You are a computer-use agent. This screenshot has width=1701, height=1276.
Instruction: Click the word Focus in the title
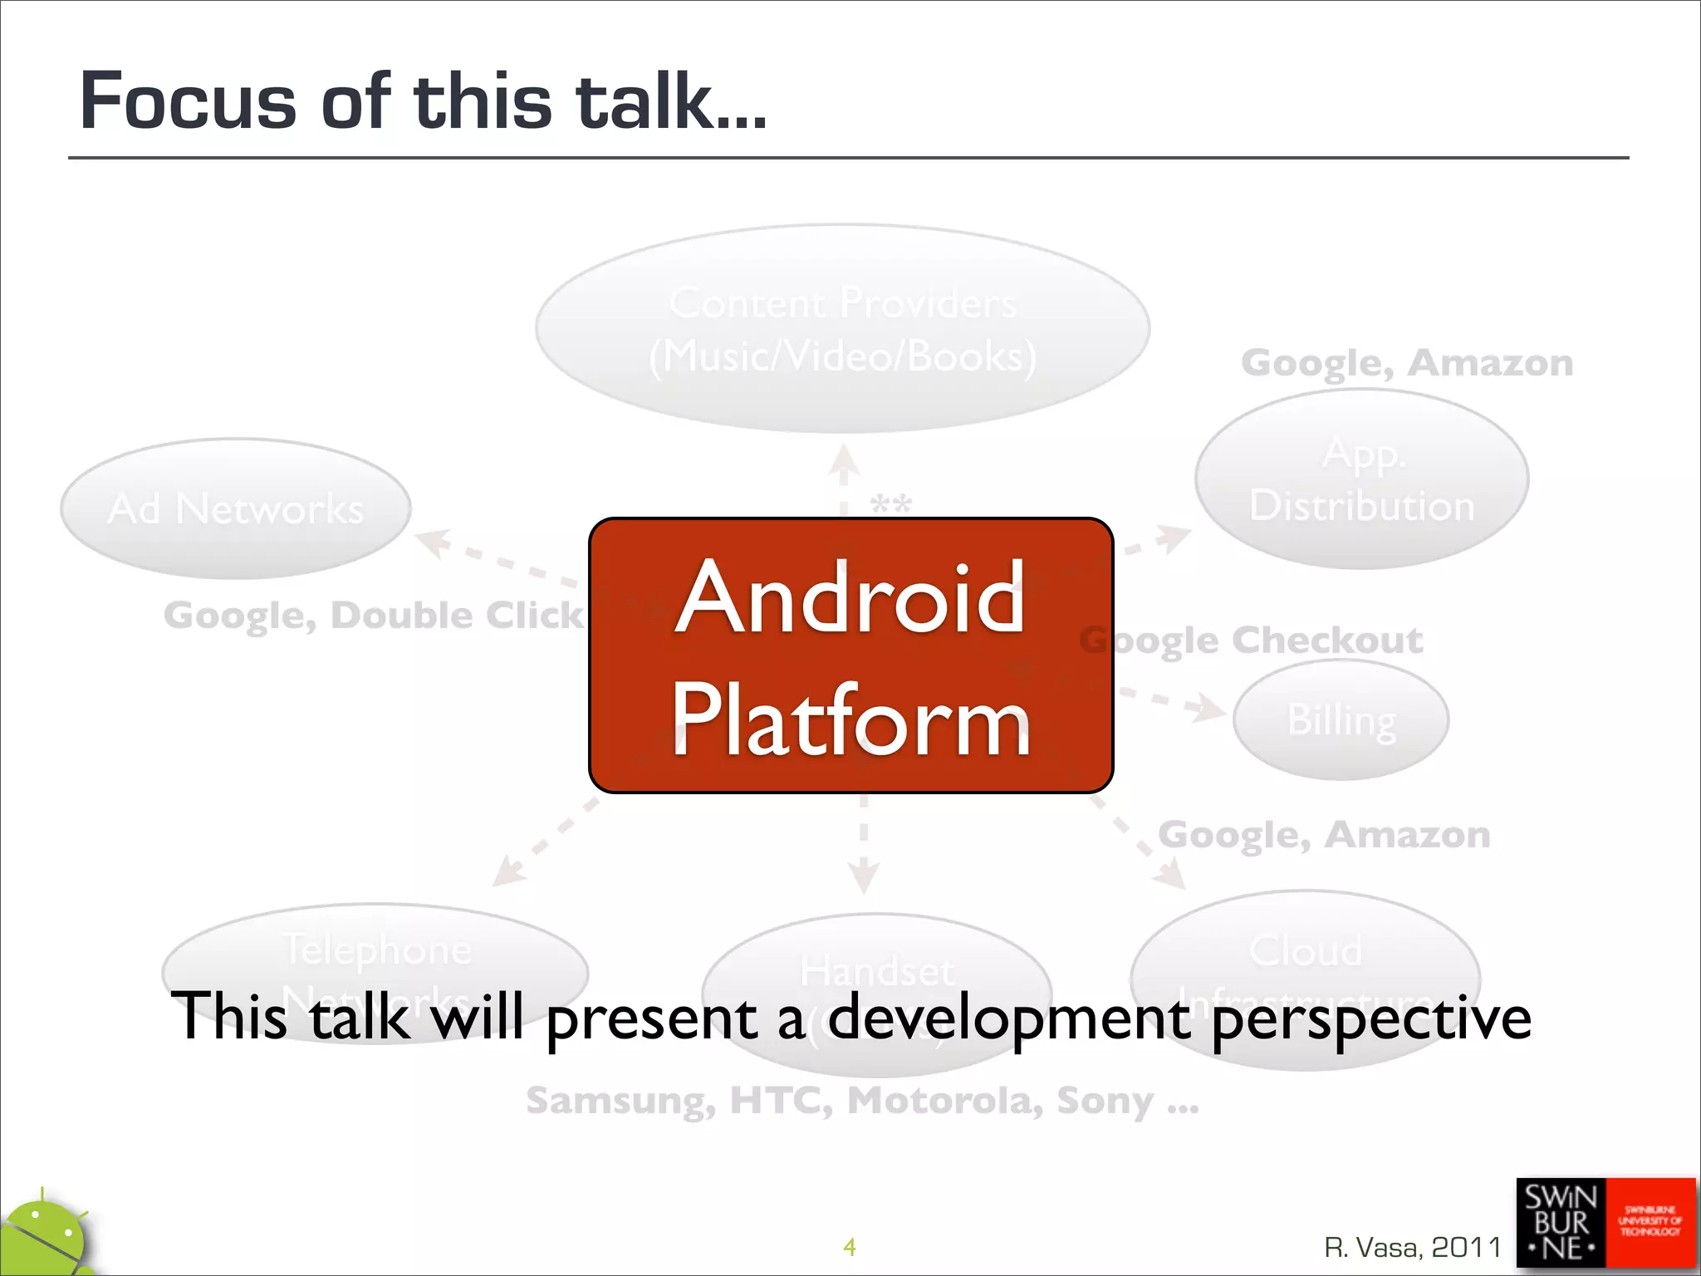pyautogui.click(x=188, y=101)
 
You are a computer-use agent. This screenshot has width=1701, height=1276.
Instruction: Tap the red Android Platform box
pyautogui.click(x=850, y=656)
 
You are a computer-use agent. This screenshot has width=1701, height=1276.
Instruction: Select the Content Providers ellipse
pyautogui.click(x=842, y=328)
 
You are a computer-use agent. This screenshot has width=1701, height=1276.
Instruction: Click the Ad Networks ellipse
pyautogui.click(x=236, y=508)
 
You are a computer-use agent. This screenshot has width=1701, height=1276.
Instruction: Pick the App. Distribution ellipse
pyautogui.click(x=1362, y=479)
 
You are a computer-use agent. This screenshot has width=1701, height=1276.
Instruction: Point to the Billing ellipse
pyautogui.click(x=1341, y=719)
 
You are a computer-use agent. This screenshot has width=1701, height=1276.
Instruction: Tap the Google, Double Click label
pyautogui.click(x=374, y=616)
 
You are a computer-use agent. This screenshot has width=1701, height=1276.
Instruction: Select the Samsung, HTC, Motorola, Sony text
pyautogui.click(x=862, y=1101)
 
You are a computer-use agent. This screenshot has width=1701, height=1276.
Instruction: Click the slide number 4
pyautogui.click(x=849, y=1246)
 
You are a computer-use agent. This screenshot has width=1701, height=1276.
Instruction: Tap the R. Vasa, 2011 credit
pyautogui.click(x=1412, y=1247)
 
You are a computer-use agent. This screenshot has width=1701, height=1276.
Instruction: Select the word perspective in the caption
pyautogui.click(x=1370, y=1018)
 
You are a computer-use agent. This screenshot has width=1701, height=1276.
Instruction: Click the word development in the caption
pyautogui.click(x=1008, y=1018)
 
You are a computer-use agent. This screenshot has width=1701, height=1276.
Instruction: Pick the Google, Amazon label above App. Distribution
pyautogui.click(x=1407, y=363)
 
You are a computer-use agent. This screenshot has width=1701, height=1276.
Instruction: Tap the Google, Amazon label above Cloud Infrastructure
pyautogui.click(x=1324, y=835)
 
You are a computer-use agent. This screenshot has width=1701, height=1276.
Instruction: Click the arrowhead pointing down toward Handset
pyautogui.click(x=863, y=877)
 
